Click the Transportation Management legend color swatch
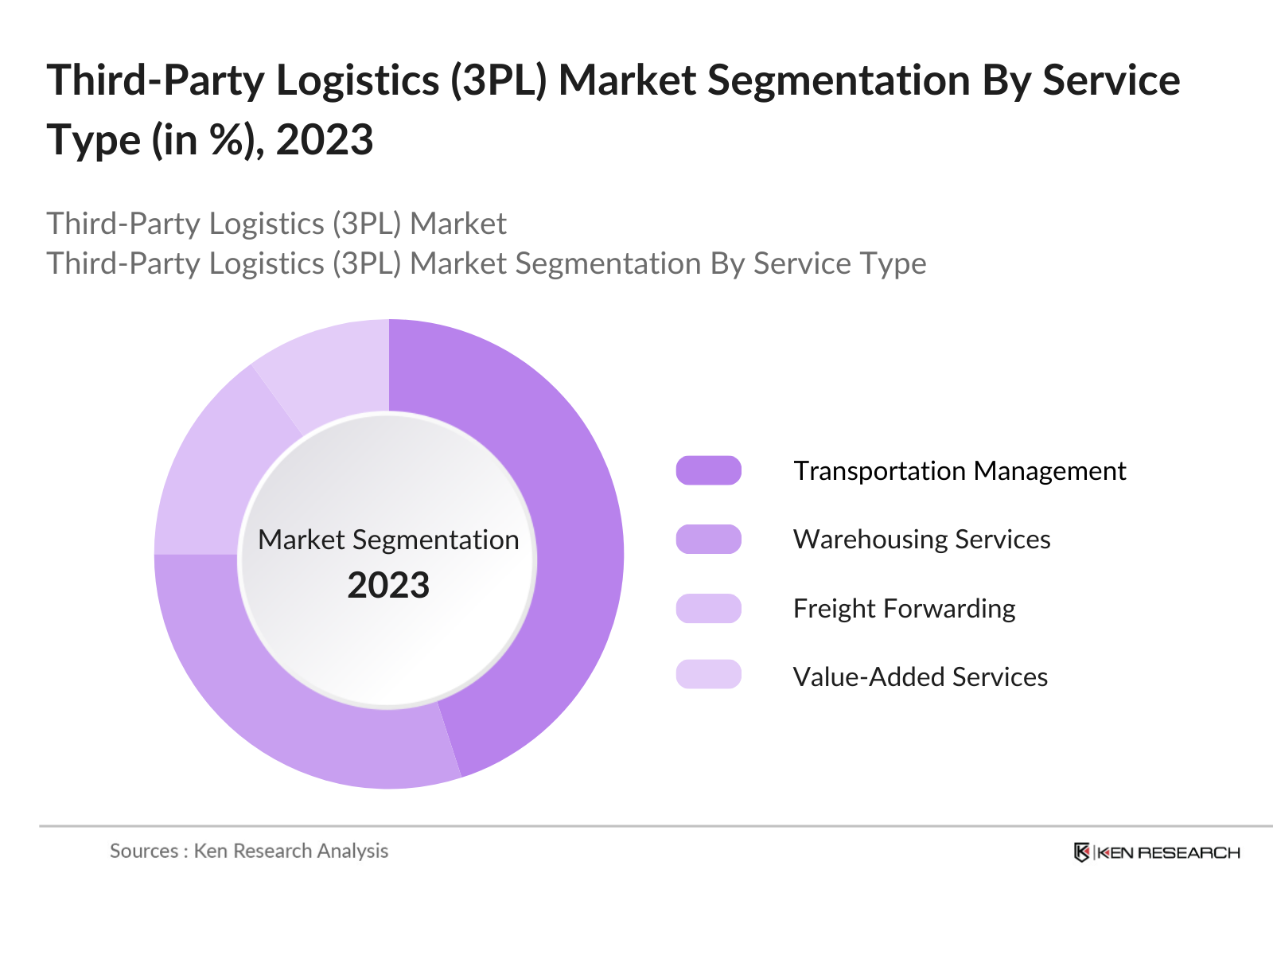[708, 470]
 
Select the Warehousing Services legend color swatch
[708, 539]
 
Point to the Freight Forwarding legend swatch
[708, 608]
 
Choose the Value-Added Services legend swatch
[708, 674]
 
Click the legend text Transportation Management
[960, 470]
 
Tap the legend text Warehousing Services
[921, 539]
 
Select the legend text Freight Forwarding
[904, 608]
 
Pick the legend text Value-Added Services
[920, 676]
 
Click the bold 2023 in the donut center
[388, 585]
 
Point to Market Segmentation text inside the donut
[388, 540]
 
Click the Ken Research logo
[1156, 852]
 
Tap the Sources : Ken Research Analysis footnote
[249, 851]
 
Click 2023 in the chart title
[325, 140]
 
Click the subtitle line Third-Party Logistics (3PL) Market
[276, 224]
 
